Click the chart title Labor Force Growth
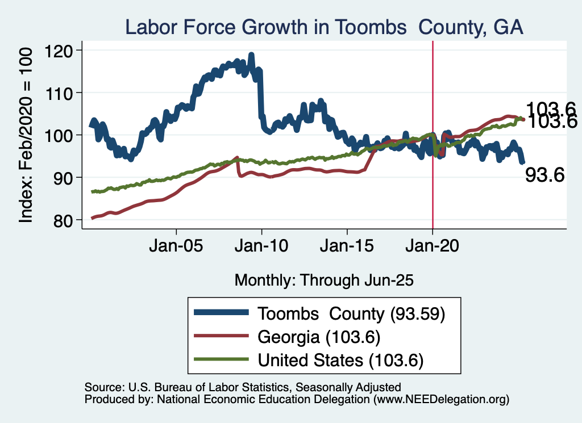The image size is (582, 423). click(323, 26)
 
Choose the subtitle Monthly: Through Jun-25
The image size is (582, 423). click(323, 280)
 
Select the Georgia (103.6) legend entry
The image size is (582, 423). click(318, 337)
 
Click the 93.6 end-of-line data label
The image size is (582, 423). click(544, 176)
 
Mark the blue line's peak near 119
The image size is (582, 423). click(251, 56)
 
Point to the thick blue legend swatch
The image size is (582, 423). click(221, 313)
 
